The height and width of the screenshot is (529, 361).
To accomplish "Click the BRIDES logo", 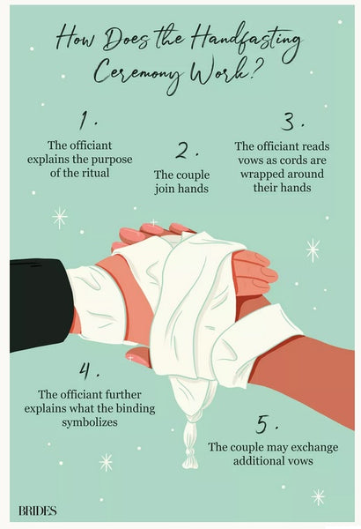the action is point(37,510).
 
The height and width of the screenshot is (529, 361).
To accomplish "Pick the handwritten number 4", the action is point(85,370).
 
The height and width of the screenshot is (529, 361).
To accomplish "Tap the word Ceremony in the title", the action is point(139,72).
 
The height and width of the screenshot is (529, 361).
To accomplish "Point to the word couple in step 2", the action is point(193,175).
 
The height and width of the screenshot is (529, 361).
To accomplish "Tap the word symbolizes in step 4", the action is point(90,422).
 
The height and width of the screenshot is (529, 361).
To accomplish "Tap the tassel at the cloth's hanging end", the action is point(190,445).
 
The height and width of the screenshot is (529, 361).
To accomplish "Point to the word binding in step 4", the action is point(136,408).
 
